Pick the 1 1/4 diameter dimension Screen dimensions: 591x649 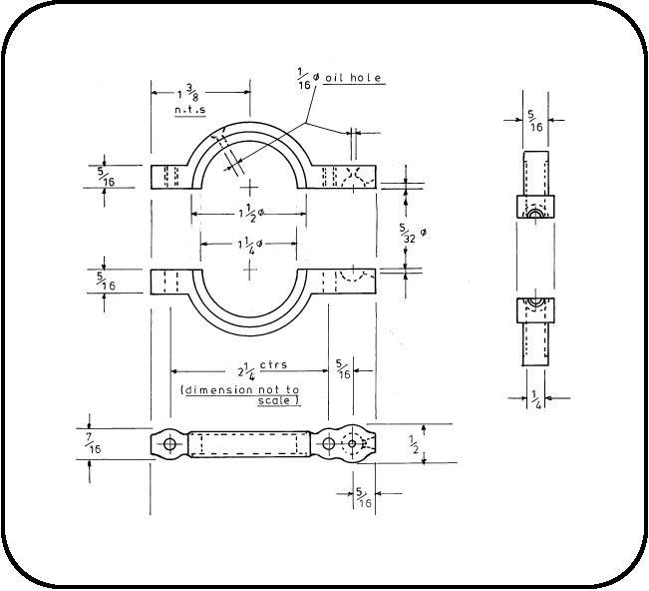(x=249, y=243)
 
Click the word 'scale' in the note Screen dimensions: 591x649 (x=280, y=399)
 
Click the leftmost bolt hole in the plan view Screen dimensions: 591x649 (x=170, y=442)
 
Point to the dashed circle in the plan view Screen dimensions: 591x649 (x=353, y=443)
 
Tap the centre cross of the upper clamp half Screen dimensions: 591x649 (x=249, y=187)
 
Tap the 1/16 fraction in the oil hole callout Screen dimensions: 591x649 (x=304, y=78)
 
